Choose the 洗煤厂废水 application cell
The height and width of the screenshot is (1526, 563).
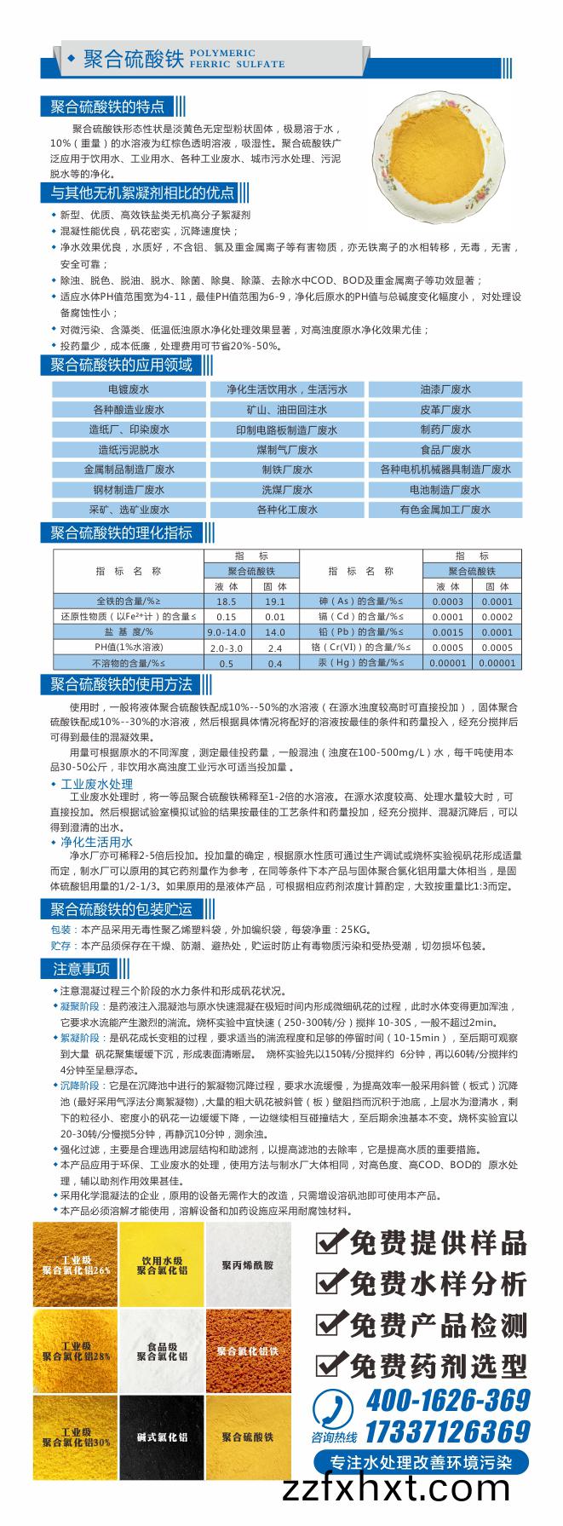pos(286,490)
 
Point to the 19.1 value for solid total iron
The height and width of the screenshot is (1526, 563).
pos(274,602)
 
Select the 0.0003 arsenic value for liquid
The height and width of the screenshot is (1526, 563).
pos(447,602)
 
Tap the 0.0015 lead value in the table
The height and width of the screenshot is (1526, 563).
pos(447,632)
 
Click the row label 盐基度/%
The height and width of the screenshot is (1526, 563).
pos(129,632)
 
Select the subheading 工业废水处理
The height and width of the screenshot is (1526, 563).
pos(96,784)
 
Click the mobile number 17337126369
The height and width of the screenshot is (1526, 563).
pos(448,1431)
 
